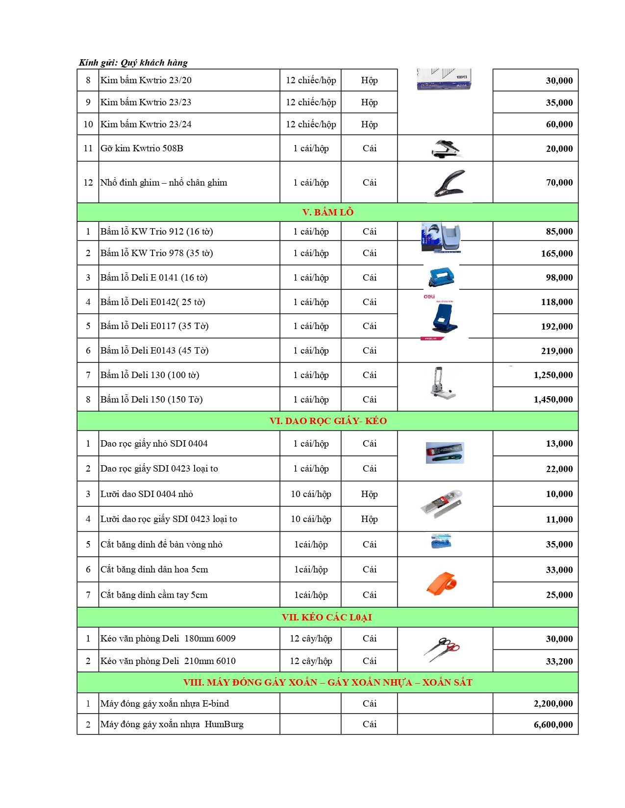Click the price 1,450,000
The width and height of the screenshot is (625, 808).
[553, 400]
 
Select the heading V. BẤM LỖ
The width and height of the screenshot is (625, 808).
[327, 212]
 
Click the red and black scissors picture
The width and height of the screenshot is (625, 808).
[442, 649]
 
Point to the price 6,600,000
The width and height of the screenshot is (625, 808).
[553, 725]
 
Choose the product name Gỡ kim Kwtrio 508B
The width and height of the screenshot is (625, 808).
[142, 148]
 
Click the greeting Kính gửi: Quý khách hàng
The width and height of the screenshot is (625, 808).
[133, 63]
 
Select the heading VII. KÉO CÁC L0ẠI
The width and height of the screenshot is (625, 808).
[326, 617]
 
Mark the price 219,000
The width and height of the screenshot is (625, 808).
[557, 351]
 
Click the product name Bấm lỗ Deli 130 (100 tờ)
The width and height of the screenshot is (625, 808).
[150, 375]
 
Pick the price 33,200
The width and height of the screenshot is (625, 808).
[559, 662]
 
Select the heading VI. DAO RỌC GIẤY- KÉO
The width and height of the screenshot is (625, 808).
[328, 421]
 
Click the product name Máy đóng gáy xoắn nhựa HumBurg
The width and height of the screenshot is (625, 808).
[172, 724]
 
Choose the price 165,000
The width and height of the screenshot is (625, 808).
[557, 254]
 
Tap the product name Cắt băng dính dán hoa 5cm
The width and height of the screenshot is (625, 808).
[154, 570]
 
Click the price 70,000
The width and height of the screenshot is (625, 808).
[559, 183]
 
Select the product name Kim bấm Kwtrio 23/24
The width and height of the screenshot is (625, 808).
[146, 124]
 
